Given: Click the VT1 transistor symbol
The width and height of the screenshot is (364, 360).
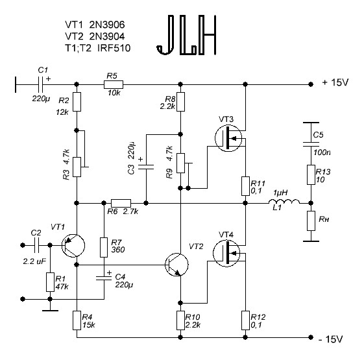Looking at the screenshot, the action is click(x=73, y=246).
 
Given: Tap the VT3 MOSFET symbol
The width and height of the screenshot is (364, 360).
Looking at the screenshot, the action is click(x=228, y=138).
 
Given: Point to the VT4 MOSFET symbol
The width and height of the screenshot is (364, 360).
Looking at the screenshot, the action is click(x=226, y=253).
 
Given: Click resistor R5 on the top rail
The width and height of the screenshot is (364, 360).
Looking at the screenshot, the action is click(x=114, y=84).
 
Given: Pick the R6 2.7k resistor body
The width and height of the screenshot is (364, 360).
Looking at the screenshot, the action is click(x=121, y=203).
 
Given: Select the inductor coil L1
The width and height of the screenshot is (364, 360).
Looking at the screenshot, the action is click(x=284, y=202).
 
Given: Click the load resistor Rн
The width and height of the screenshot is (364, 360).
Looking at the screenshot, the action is click(x=311, y=221).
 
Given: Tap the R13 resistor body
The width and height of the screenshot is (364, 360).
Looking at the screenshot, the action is click(x=311, y=174).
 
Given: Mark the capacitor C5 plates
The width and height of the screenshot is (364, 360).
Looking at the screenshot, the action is click(x=311, y=144).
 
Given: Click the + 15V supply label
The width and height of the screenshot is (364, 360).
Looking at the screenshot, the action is click(x=335, y=82).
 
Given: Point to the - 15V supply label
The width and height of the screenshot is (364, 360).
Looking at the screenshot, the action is click(x=331, y=339).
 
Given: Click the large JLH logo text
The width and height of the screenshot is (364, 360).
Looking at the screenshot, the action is click(x=187, y=35).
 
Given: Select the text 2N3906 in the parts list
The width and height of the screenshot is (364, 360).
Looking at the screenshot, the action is click(x=107, y=25).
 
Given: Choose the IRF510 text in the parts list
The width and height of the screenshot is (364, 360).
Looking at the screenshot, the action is click(x=114, y=48).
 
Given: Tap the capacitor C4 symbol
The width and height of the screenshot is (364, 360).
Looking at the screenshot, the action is click(x=104, y=278).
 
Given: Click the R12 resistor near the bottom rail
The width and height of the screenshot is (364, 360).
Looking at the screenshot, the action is click(x=245, y=320).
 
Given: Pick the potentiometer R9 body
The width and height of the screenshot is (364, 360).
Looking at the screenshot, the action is click(x=180, y=163).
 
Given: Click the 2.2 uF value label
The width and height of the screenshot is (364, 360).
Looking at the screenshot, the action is click(x=34, y=261).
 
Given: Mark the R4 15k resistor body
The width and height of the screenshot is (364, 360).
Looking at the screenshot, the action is click(x=77, y=320).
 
